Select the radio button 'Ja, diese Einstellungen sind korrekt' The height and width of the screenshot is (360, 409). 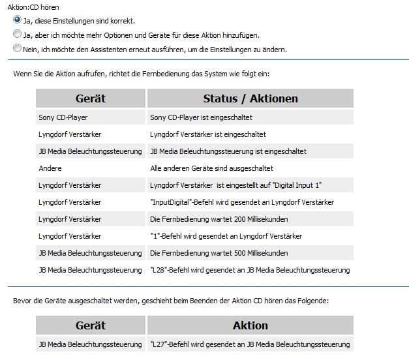[17, 20]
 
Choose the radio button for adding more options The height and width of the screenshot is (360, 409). [17, 35]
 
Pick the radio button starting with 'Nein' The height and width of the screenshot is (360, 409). [17, 49]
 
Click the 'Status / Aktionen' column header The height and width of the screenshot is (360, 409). [250, 98]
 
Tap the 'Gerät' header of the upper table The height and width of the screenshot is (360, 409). [90, 98]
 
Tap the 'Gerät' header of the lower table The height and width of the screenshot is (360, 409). [90, 325]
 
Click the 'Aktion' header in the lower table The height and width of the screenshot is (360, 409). [250, 325]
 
